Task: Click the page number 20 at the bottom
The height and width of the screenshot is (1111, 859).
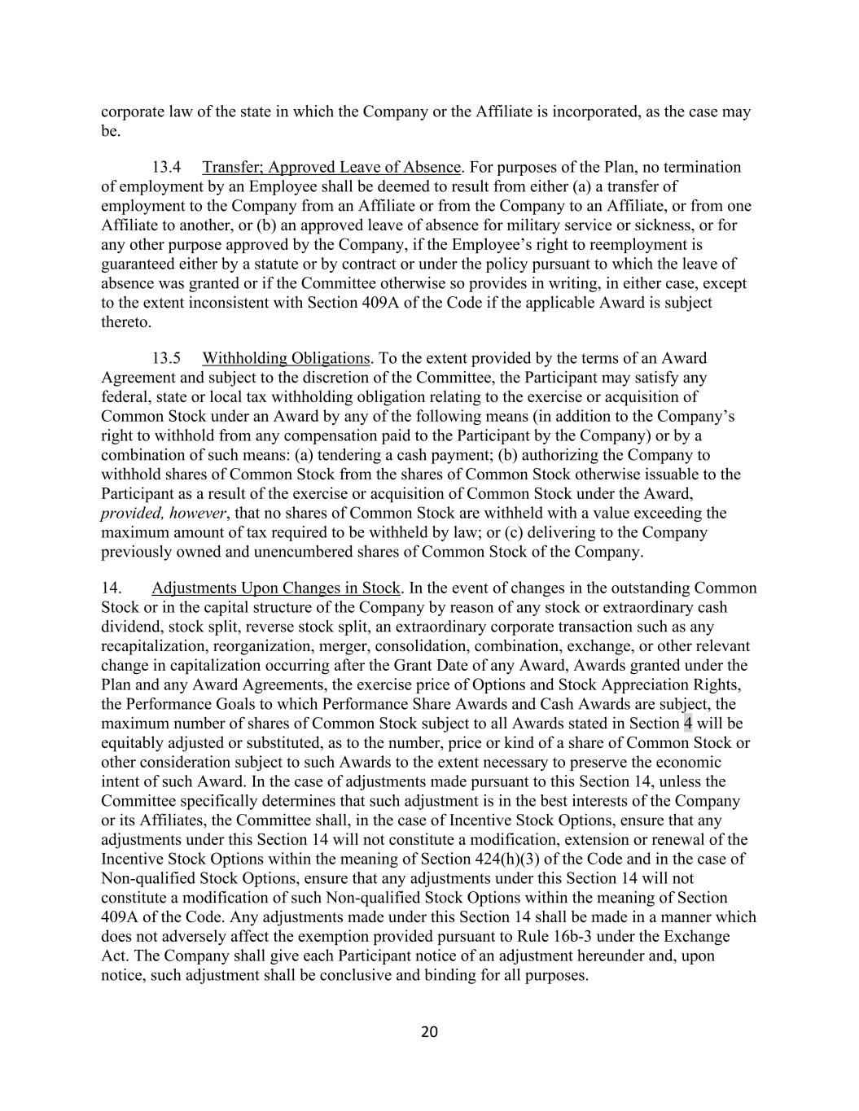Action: point(429,1032)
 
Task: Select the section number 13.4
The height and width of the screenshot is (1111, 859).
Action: point(166,167)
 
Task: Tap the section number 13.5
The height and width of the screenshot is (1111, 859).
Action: point(166,358)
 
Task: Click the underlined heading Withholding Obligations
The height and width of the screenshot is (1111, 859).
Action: point(286,358)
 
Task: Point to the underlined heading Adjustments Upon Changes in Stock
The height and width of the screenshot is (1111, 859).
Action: point(276,588)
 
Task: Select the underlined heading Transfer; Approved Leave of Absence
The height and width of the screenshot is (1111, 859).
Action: point(331,167)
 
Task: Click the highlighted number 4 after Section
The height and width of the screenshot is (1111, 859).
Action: point(688,724)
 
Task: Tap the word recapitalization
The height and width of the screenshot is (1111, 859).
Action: point(154,646)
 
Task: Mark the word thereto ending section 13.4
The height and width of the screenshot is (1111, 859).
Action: point(125,321)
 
